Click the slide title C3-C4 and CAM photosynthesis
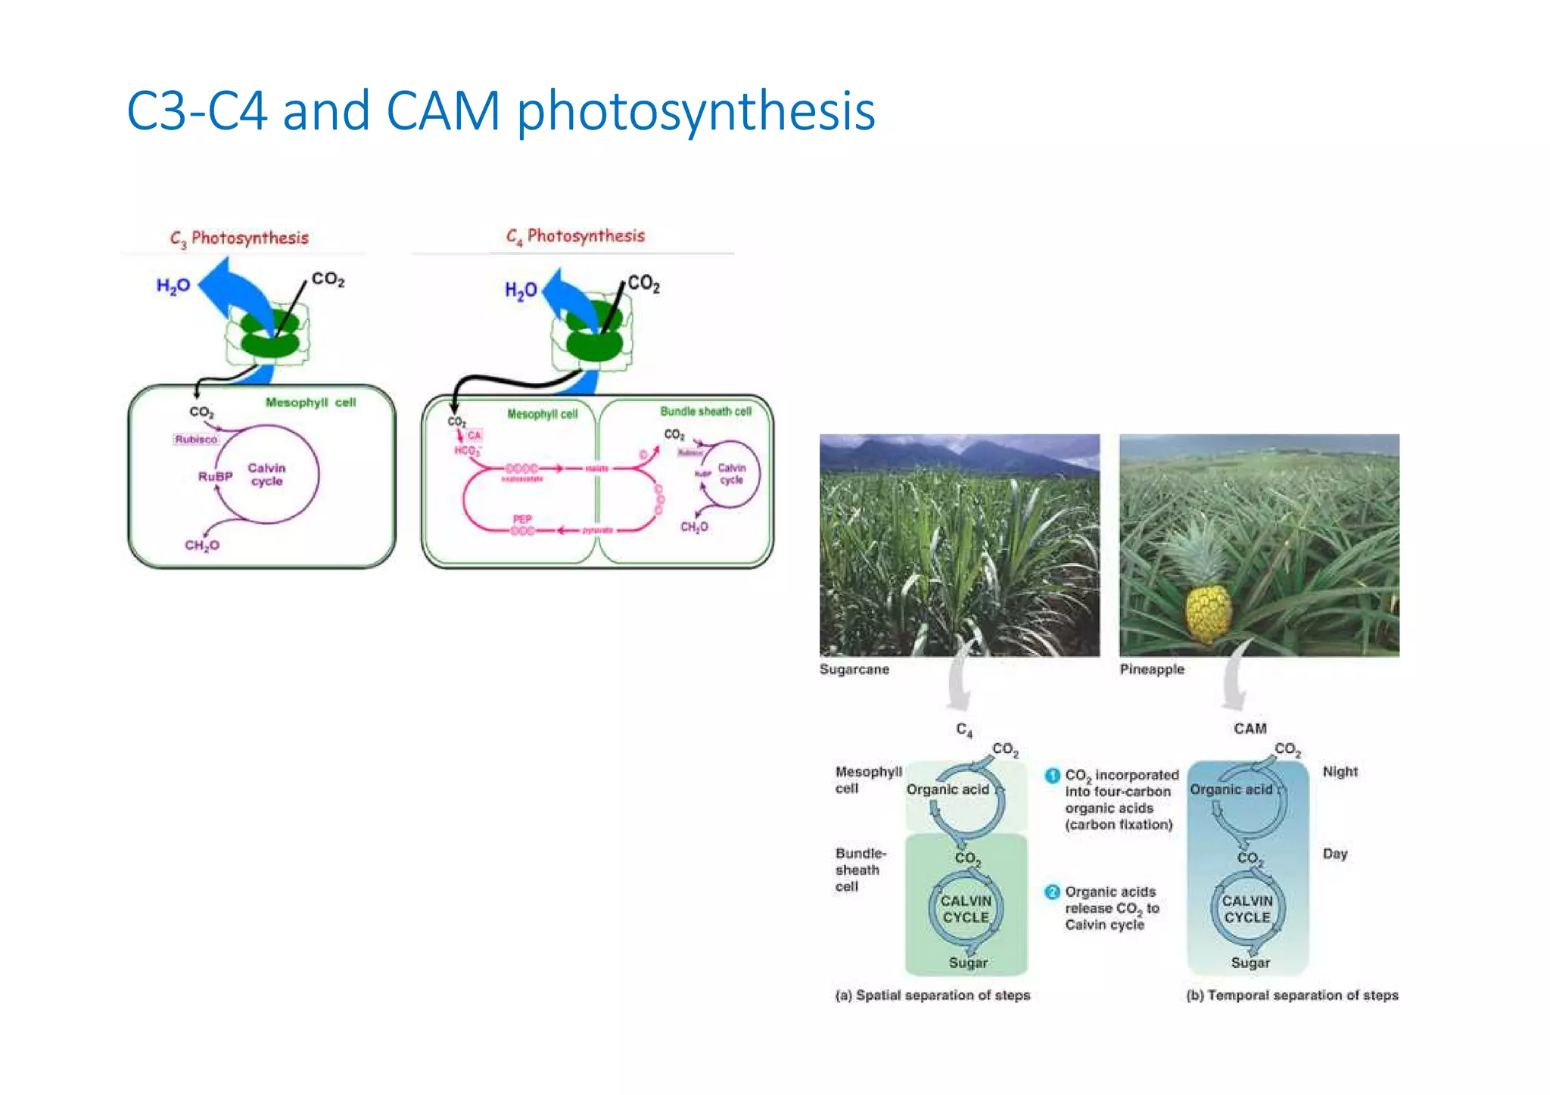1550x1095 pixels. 500,111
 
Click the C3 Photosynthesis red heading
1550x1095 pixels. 239,238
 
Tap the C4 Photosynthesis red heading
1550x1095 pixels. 575,236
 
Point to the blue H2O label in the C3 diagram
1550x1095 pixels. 173,286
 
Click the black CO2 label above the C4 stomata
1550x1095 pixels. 643,284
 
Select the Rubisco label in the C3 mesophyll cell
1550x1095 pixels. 196,440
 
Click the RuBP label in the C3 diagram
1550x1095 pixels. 215,477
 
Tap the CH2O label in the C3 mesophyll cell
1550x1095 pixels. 202,546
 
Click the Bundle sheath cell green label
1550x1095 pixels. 705,412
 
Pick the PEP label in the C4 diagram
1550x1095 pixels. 522,519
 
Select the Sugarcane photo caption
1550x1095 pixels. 854,670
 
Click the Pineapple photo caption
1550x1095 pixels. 1152,670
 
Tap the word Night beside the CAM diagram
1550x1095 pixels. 1340,772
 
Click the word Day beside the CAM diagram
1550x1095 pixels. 1335,854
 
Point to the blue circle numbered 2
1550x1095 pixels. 1052,892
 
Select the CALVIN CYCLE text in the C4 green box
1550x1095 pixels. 966,910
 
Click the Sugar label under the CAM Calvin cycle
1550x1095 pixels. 1250,963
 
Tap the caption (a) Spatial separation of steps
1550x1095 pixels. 932,996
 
